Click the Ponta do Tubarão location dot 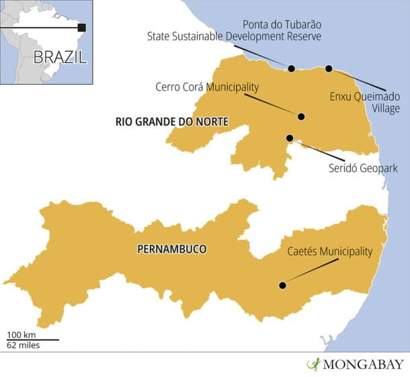291,69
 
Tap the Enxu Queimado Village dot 329,69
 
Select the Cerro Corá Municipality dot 301,116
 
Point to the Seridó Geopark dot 290,138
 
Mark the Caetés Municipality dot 282,286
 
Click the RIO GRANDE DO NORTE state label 171,122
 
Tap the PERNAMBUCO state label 171,249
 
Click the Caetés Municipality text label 327,252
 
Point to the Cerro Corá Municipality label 206,87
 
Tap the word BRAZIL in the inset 60,56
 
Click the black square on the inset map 82,28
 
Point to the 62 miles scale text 23,345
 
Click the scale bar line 32,340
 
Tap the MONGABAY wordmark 364,365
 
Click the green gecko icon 313,364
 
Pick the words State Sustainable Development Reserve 234,35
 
